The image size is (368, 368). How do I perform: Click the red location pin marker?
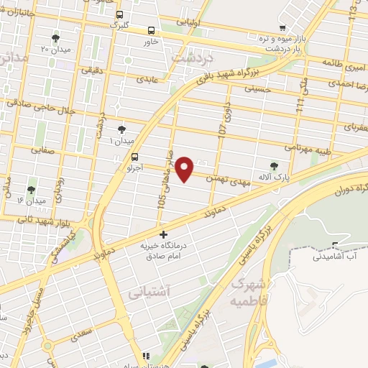click(x=185, y=168)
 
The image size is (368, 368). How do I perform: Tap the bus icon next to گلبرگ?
click(x=119, y=14)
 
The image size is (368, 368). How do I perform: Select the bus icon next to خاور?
click(x=151, y=31)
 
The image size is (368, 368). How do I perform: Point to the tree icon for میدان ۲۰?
click(x=56, y=38)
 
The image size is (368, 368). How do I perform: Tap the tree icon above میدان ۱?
click(x=120, y=129)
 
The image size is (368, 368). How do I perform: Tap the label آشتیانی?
click(x=147, y=293)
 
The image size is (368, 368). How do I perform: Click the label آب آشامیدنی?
click(x=336, y=256)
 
